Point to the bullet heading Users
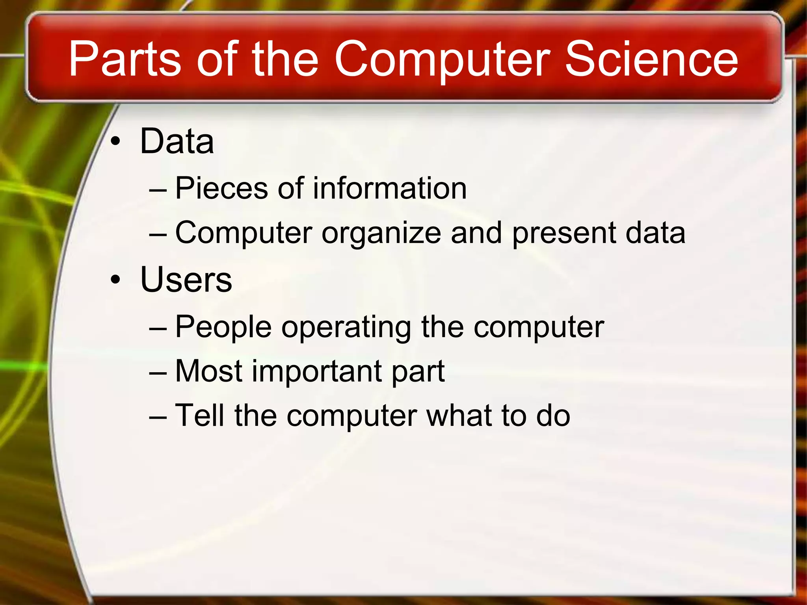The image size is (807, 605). tap(186, 279)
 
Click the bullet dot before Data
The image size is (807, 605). tap(115, 142)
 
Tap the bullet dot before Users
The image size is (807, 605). tap(115, 280)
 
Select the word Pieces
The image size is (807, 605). tap(221, 188)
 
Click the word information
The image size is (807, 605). tap(390, 188)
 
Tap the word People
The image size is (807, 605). tap(223, 327)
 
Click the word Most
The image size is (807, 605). tap(209, 371)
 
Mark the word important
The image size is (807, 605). tap(317, 372)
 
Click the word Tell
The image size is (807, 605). tap(199, 415)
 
